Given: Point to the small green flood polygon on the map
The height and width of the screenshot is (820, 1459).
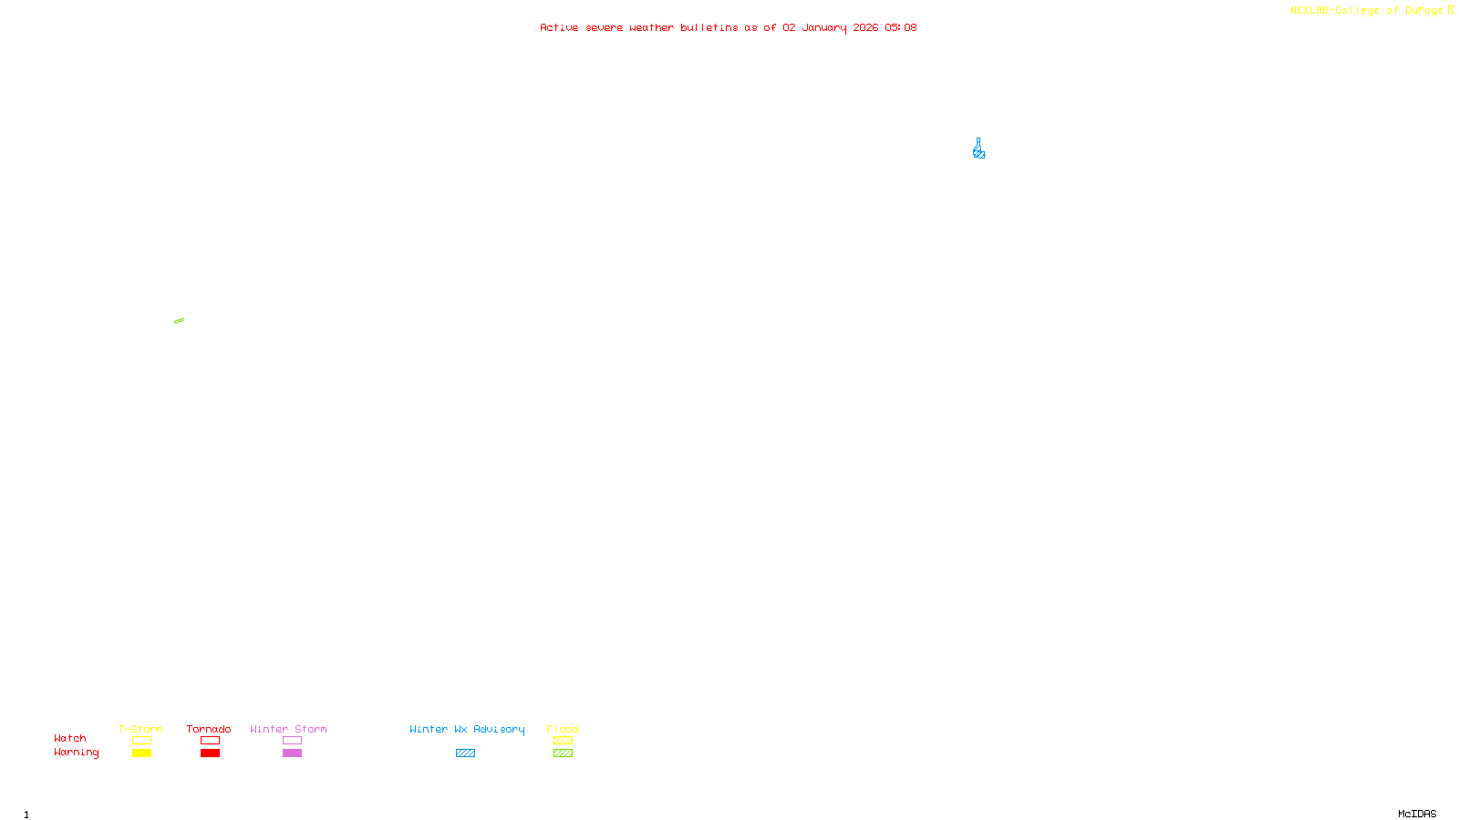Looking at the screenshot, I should (x=179, y=321).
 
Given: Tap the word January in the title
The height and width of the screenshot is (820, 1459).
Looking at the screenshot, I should (x=824, y=27).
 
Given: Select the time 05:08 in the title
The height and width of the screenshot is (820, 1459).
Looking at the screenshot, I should (x=900, y=27).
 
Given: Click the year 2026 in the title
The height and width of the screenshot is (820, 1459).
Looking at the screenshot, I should (x=865, y=27).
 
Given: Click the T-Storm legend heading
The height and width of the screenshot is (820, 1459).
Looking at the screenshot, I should (x=140, y=729).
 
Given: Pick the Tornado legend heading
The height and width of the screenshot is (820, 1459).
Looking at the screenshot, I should (x=209, y=729).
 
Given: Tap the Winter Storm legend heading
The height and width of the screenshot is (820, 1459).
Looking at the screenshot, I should (x=288, y=729).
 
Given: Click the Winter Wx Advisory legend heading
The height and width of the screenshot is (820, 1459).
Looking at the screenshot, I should (x=467, y=729).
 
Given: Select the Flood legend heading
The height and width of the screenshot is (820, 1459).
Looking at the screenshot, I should (x=563, y=729).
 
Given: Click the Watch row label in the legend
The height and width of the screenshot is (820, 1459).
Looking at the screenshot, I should (x=70, y=738).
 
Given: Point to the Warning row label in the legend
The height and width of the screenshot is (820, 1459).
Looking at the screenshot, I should (x=76, y=753).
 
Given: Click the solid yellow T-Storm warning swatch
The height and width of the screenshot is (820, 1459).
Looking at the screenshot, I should (x=141, y=753).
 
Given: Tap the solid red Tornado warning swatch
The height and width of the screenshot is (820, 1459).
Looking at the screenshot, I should (x=210, y=753).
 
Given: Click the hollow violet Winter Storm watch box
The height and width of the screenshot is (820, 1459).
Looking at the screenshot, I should (x=292, y=741).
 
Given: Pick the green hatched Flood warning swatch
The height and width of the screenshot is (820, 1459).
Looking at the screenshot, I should (x=563, y=753).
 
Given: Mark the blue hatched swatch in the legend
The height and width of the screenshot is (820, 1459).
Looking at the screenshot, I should (x=465, y=753).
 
